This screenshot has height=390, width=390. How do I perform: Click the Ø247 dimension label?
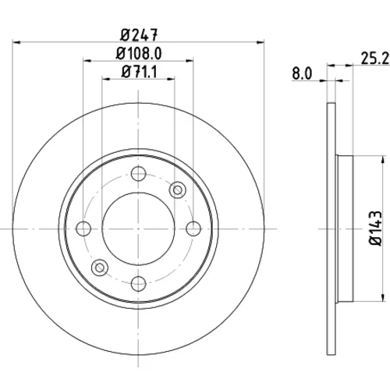coord(139,35)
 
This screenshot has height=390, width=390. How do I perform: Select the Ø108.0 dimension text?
coord(139,54)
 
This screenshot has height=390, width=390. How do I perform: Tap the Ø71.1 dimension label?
coord(139,72)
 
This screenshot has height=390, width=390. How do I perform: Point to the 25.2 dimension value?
coord(375,58)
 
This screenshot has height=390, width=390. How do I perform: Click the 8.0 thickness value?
coord(302,74)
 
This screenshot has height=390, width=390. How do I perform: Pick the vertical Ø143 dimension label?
coord(376,229)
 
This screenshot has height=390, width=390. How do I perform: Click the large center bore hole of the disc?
coord(138,229)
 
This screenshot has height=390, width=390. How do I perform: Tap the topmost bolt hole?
coord(138,173)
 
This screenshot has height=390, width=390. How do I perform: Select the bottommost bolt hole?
coord(138,284)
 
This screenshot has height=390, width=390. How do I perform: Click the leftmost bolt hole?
coord(83,229)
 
